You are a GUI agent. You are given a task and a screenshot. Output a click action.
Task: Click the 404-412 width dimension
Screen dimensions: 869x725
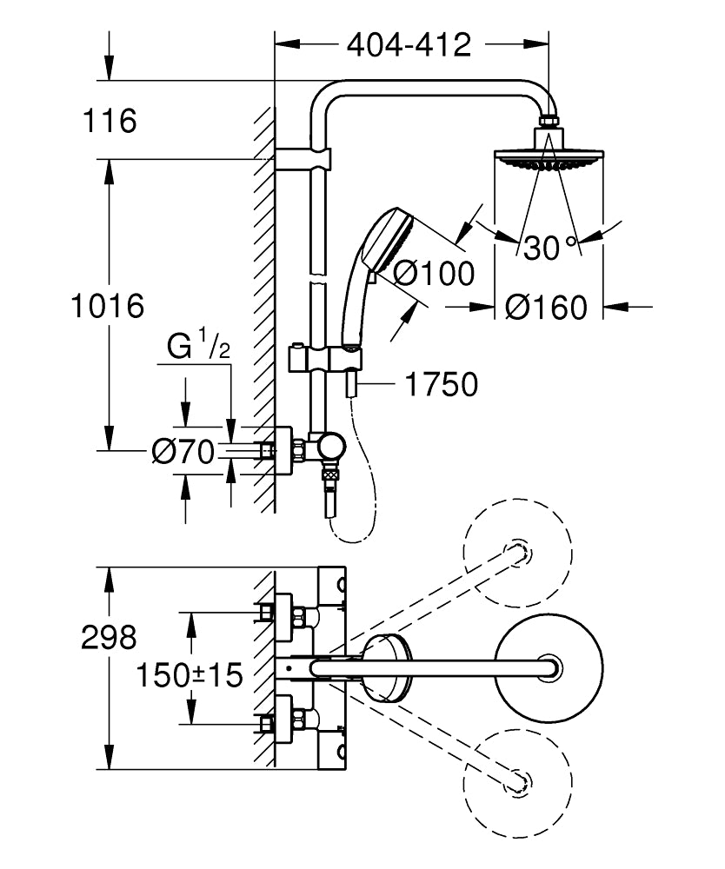click(409, 44)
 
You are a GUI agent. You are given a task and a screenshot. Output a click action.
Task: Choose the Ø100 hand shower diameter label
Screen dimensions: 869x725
click(434, 273)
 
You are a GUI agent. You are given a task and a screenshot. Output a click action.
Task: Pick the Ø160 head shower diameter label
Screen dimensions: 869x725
click(547, 307)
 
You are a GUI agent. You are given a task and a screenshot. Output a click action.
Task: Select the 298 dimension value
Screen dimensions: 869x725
click(109, 638)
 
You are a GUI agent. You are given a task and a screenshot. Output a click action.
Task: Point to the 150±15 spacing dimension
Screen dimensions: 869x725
click(189, 674)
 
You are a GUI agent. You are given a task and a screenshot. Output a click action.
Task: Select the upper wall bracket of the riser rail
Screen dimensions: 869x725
click(304, 160)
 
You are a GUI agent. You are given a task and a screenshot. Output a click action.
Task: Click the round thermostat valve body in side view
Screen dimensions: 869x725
click(330, 446)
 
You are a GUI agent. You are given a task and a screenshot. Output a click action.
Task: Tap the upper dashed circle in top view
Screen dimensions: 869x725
click(518, 553)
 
